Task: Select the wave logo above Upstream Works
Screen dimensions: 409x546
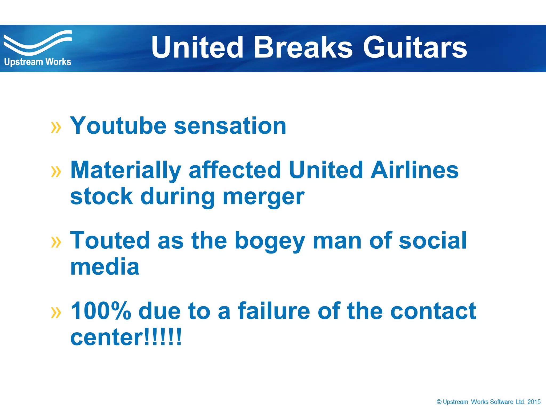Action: pyautogui.click(x=37, y=43)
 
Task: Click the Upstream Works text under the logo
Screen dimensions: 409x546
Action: pyautogui.click(x=38, y=62)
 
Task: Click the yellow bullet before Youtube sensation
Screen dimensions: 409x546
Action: pyautogui.click(x=56, y=127)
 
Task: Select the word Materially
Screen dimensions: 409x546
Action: pyautogui.click(x=126, y=170)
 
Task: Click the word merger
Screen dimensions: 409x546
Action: pyautogui.click(x=263, y=197)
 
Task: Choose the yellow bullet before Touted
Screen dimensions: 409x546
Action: pyautogui.click(x=56, y=242)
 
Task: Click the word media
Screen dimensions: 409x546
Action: pyautogui.click(x=105, y=267)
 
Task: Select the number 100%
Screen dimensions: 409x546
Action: pyautogui.click(x=101, y=311)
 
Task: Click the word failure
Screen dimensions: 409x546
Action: pyautogui.click(x=274, y=311)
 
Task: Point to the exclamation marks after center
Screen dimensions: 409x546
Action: pyautogui.click(x=163, y=337)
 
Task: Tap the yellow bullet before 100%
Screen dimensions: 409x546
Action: pyautogui.click(x=56, y=313)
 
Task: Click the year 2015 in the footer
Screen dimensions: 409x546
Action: pyautogui.click(x=534, y=402)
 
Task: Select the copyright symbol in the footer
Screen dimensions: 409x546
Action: pyautogui.click(x=439, y=402)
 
